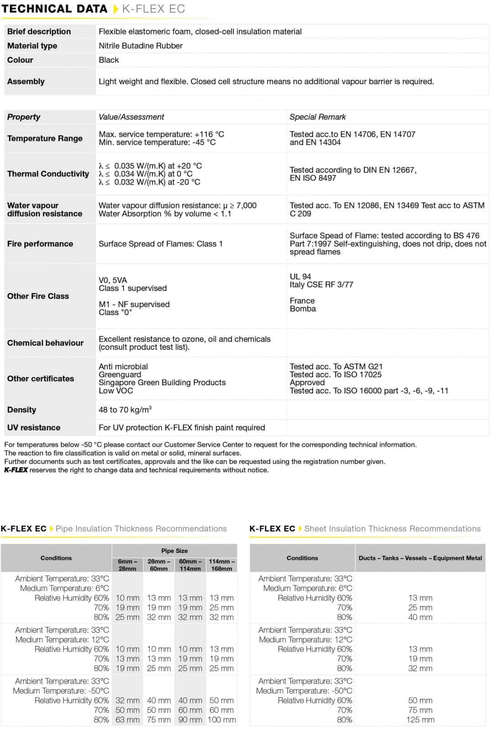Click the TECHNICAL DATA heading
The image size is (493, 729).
pos(54,9)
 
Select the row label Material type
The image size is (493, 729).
pos(32,46)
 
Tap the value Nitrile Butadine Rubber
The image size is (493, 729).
pos(141,46)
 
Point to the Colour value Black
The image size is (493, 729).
pos(109,60)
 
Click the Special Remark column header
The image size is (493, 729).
pos(318,117)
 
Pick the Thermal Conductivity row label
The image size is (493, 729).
pos(48,174)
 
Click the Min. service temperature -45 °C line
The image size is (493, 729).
pos(157,142)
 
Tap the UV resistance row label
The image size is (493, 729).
pos(34,427)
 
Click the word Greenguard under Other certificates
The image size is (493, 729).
pos(120,374)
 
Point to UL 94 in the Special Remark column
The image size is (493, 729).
pos(300,276)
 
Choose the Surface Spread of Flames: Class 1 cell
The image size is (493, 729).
pos(161,243)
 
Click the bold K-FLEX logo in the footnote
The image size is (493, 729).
pos(16,470)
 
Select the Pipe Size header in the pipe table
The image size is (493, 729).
pos(174,550)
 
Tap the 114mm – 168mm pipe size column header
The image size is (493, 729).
pos(222,565)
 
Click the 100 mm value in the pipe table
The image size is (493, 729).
pos(222,719)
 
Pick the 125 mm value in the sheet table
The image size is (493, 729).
pos(420,719)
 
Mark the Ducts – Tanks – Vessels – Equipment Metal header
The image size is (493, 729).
pos(420,558)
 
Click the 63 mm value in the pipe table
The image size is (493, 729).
pos(127,719)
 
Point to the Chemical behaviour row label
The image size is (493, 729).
pos(45,343)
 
